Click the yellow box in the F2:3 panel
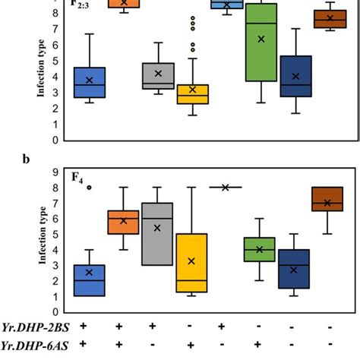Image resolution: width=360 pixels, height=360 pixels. pos(193,94)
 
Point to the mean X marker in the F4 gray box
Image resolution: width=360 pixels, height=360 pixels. pos(158,228)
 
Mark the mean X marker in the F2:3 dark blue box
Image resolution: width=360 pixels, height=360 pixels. pos(295,76)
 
